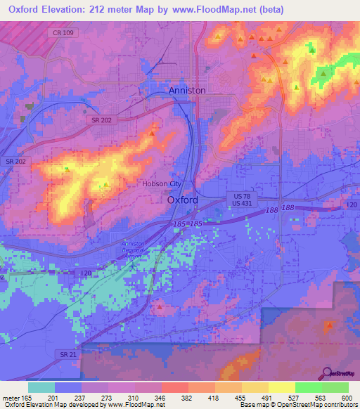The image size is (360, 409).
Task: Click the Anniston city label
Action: pos(187,91)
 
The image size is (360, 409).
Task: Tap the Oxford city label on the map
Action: pos(183,200)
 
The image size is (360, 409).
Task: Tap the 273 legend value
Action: pos(108,398)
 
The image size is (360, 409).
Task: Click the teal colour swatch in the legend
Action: pos(41,387)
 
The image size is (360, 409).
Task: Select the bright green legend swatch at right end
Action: pos(335,387)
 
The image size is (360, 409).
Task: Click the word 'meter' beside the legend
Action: pos(10,398)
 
